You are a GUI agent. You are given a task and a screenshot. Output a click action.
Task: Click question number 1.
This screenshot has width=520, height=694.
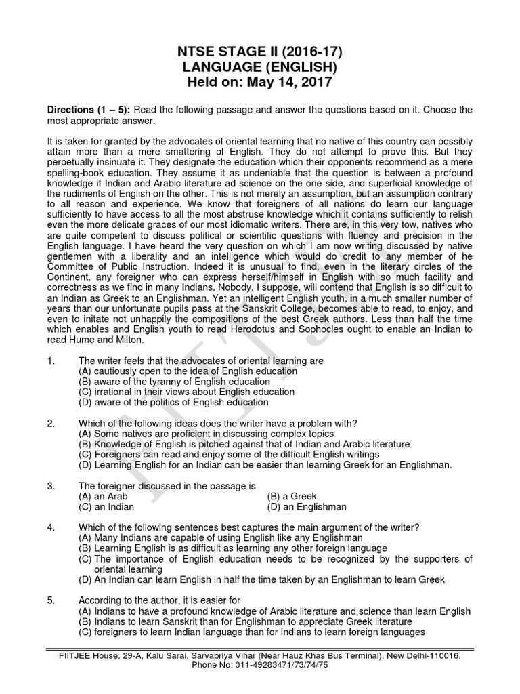[x=51, y=361]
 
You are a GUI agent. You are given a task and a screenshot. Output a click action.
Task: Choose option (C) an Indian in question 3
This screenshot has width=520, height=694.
[x=106, y=506]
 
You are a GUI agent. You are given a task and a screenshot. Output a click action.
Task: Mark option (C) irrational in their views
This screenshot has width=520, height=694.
[x=186, y=392]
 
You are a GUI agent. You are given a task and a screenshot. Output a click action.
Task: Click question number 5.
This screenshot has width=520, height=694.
[x=51, y=600]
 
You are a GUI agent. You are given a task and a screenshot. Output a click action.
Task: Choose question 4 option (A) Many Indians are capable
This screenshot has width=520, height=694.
[x=221, y=537]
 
